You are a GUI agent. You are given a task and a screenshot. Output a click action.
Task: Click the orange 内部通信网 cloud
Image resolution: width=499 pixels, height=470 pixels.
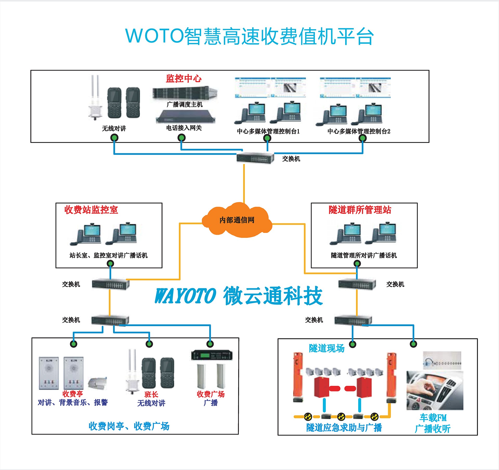click(237, 220)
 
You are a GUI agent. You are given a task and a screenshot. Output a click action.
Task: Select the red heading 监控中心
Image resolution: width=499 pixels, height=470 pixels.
click(183, 78)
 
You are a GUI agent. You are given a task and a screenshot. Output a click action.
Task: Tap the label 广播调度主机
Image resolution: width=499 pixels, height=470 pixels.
click(185, 105)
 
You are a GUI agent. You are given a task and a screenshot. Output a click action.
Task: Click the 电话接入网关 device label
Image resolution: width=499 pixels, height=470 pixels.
click(184, 128)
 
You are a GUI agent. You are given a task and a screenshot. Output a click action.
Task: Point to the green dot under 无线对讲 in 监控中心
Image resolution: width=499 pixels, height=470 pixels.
click(114, 138)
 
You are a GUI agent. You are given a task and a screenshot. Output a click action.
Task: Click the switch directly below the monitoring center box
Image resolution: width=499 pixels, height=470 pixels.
click(255, 158)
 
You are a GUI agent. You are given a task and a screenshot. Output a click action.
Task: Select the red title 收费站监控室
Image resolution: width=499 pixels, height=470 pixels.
click(91, 210)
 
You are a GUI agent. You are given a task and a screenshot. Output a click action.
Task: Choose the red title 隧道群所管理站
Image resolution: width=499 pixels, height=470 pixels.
click(360, 210)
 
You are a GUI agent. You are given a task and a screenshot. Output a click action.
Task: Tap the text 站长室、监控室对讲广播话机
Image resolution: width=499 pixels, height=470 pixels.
click(108, 255)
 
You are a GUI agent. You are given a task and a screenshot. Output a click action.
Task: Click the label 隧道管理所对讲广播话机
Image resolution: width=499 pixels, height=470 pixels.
click(364, 255)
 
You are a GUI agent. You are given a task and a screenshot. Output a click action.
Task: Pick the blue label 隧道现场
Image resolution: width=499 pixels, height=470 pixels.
click(326, 348)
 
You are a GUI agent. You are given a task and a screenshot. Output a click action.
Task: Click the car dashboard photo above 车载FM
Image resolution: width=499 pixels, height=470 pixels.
click(435, 390)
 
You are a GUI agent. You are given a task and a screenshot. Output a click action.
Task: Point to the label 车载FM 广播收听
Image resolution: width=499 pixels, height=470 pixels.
click(433, 423)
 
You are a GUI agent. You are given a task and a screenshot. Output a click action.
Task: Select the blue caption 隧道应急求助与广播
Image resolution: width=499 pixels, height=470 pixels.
click(344, 427)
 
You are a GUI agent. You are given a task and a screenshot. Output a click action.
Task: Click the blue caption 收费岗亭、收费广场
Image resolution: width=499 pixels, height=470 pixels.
click(129, 426)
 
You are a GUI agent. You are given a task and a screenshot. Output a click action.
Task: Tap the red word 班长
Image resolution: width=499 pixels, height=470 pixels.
click(151, 394)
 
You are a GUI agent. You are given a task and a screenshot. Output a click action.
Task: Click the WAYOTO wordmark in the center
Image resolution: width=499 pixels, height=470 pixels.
click(186, 296)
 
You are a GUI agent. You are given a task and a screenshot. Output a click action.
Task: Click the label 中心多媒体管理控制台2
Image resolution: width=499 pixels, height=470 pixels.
click(359, 131)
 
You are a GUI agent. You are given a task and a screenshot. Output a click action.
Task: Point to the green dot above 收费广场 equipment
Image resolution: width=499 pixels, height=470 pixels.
click(210, 344)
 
